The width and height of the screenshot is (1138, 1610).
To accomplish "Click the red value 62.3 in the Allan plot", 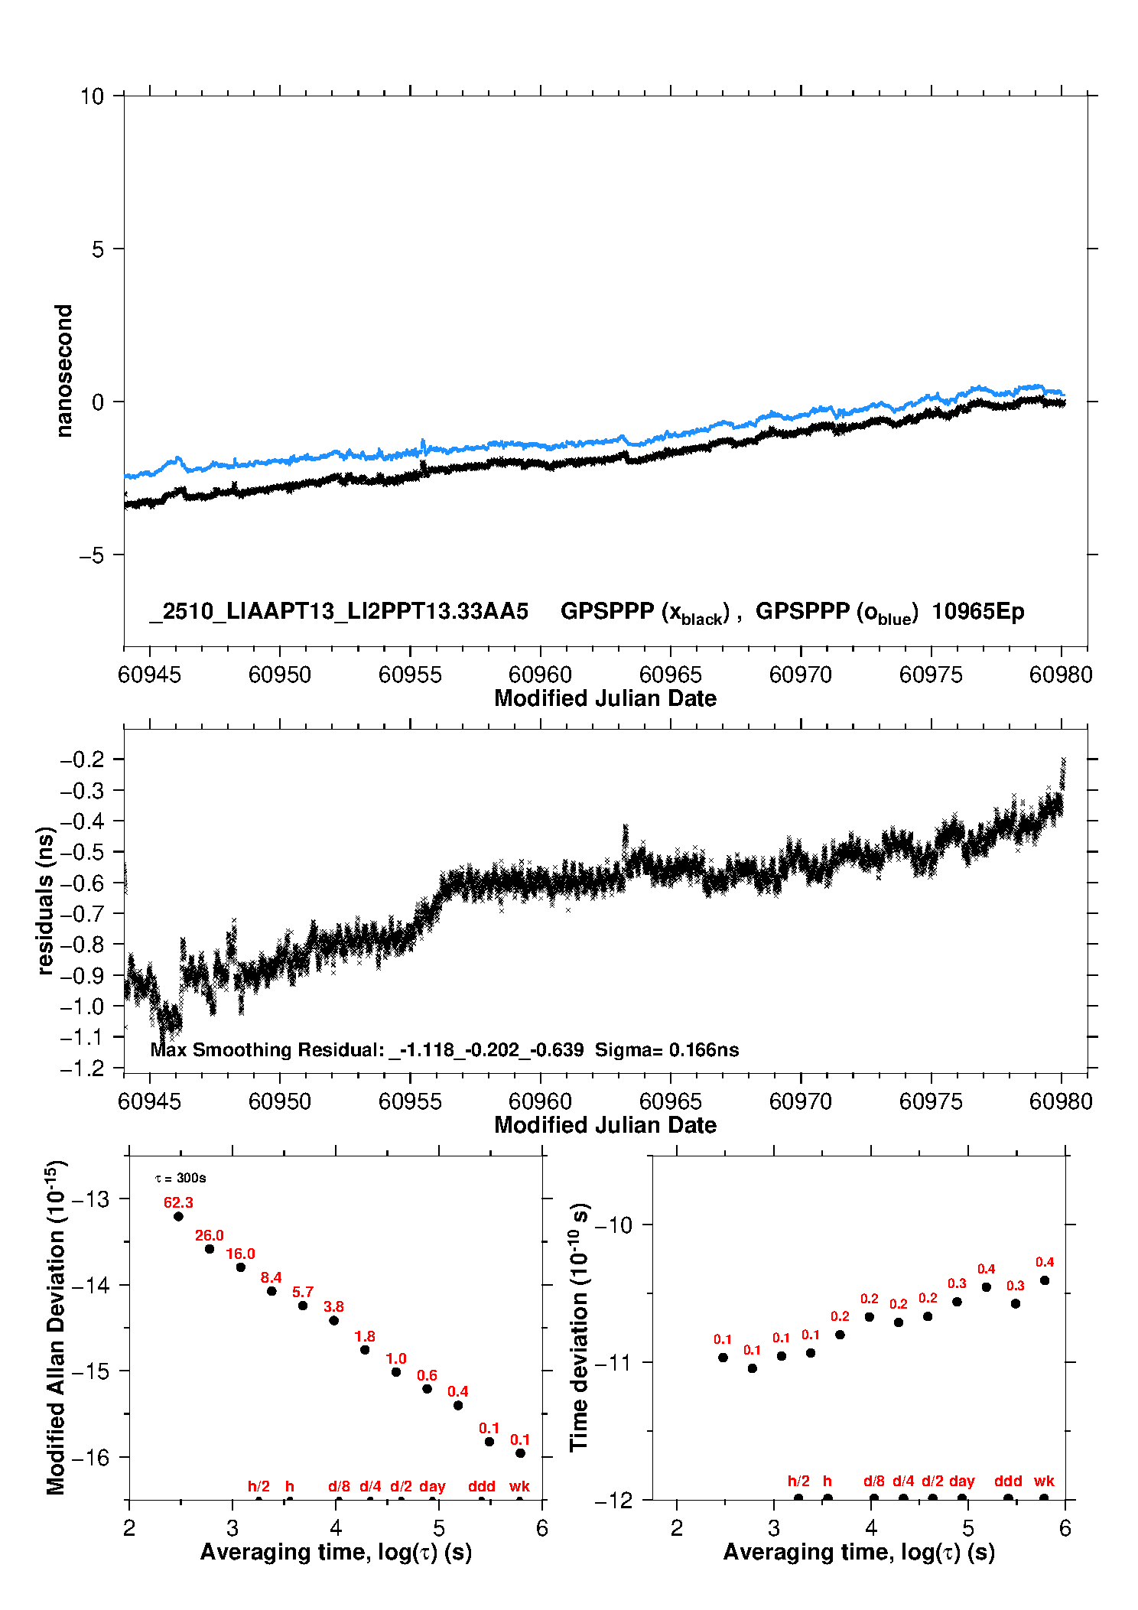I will [x=178, y=1202].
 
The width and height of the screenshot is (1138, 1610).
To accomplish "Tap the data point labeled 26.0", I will [x=210, y=1249].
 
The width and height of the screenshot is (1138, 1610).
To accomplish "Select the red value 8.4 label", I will [x=271, y=1277].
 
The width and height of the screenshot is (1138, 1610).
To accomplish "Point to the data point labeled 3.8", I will [x=333, y=1320].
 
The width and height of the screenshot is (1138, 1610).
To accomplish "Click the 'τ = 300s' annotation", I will [x=180, y=1178].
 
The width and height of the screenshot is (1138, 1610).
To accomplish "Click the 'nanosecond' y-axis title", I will [x=63, y=371].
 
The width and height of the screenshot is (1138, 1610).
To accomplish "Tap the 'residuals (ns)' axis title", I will [x=45, y=901].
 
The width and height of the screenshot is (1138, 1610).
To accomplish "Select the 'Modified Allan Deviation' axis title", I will [x=55, y=1327].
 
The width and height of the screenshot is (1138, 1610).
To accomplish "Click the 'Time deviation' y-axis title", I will [x=579, y=1327].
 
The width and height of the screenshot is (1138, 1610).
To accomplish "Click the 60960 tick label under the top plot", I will [x=540, y=675].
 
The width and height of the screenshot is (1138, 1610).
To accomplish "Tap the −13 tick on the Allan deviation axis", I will [x=90, y=1199].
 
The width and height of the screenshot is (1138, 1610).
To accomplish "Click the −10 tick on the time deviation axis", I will [x=613, y=1225].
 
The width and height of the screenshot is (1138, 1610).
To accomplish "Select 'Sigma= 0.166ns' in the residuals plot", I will [x=667, y=1049].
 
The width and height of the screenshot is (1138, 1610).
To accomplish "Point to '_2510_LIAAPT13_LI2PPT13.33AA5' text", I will [x=339, y=611].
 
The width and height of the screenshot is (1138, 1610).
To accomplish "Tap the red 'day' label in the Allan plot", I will [x=432, y=1486].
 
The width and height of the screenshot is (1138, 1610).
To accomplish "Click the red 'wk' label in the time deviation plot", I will [x=1044, y=1481].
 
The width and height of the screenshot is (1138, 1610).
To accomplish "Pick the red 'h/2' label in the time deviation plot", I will [x=798, y=1481].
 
